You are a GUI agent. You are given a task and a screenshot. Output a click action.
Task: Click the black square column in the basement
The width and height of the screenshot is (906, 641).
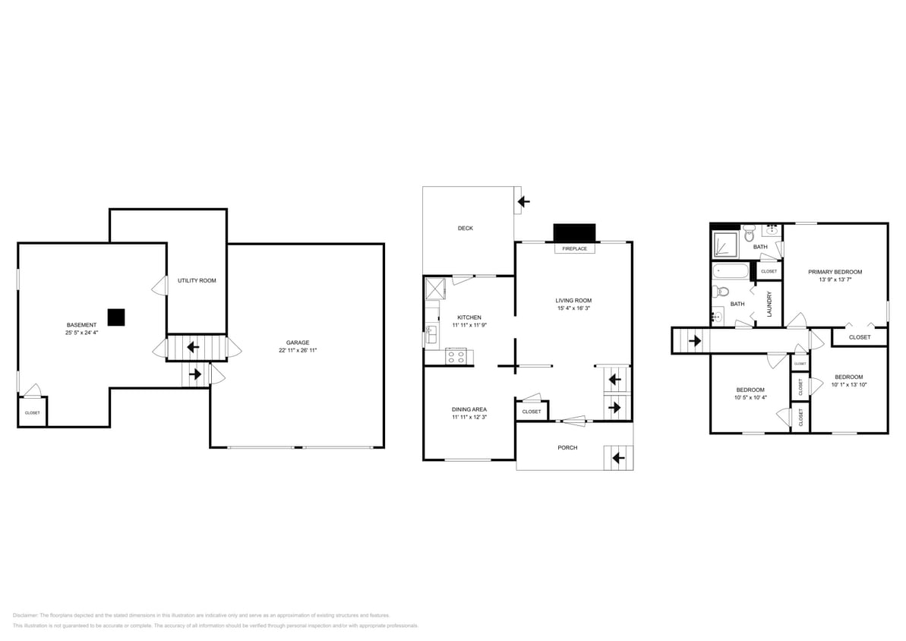click(x=115, y=317)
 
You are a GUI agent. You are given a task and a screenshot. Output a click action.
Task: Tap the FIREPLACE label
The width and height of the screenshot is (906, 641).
click(x=575, y=248)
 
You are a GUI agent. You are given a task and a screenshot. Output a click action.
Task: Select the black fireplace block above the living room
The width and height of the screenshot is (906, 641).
click(x=575, y=232)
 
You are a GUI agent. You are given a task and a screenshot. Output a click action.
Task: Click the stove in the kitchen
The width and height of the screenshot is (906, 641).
click(x=456, y=355)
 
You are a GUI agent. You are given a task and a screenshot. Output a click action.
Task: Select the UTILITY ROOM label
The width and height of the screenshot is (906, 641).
click(x=197, y=280)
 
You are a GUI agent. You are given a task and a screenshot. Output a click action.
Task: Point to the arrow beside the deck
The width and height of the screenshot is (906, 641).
click(x=523, y=202)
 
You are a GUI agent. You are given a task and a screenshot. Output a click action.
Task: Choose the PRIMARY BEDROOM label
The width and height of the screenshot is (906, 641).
click(x=835, y=272)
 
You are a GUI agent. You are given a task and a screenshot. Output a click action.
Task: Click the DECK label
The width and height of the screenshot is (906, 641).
click(x=465, y=228)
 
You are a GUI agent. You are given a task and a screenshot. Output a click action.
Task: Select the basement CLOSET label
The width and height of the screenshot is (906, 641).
click(x=32, y=412)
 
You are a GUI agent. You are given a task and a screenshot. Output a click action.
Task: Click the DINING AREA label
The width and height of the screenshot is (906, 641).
click(x=469, y=409)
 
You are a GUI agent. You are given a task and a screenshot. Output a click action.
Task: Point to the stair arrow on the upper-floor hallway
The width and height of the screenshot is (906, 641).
click(x=694, y=341)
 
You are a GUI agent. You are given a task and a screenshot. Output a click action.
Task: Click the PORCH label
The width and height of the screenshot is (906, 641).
click(x=567, y=447)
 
